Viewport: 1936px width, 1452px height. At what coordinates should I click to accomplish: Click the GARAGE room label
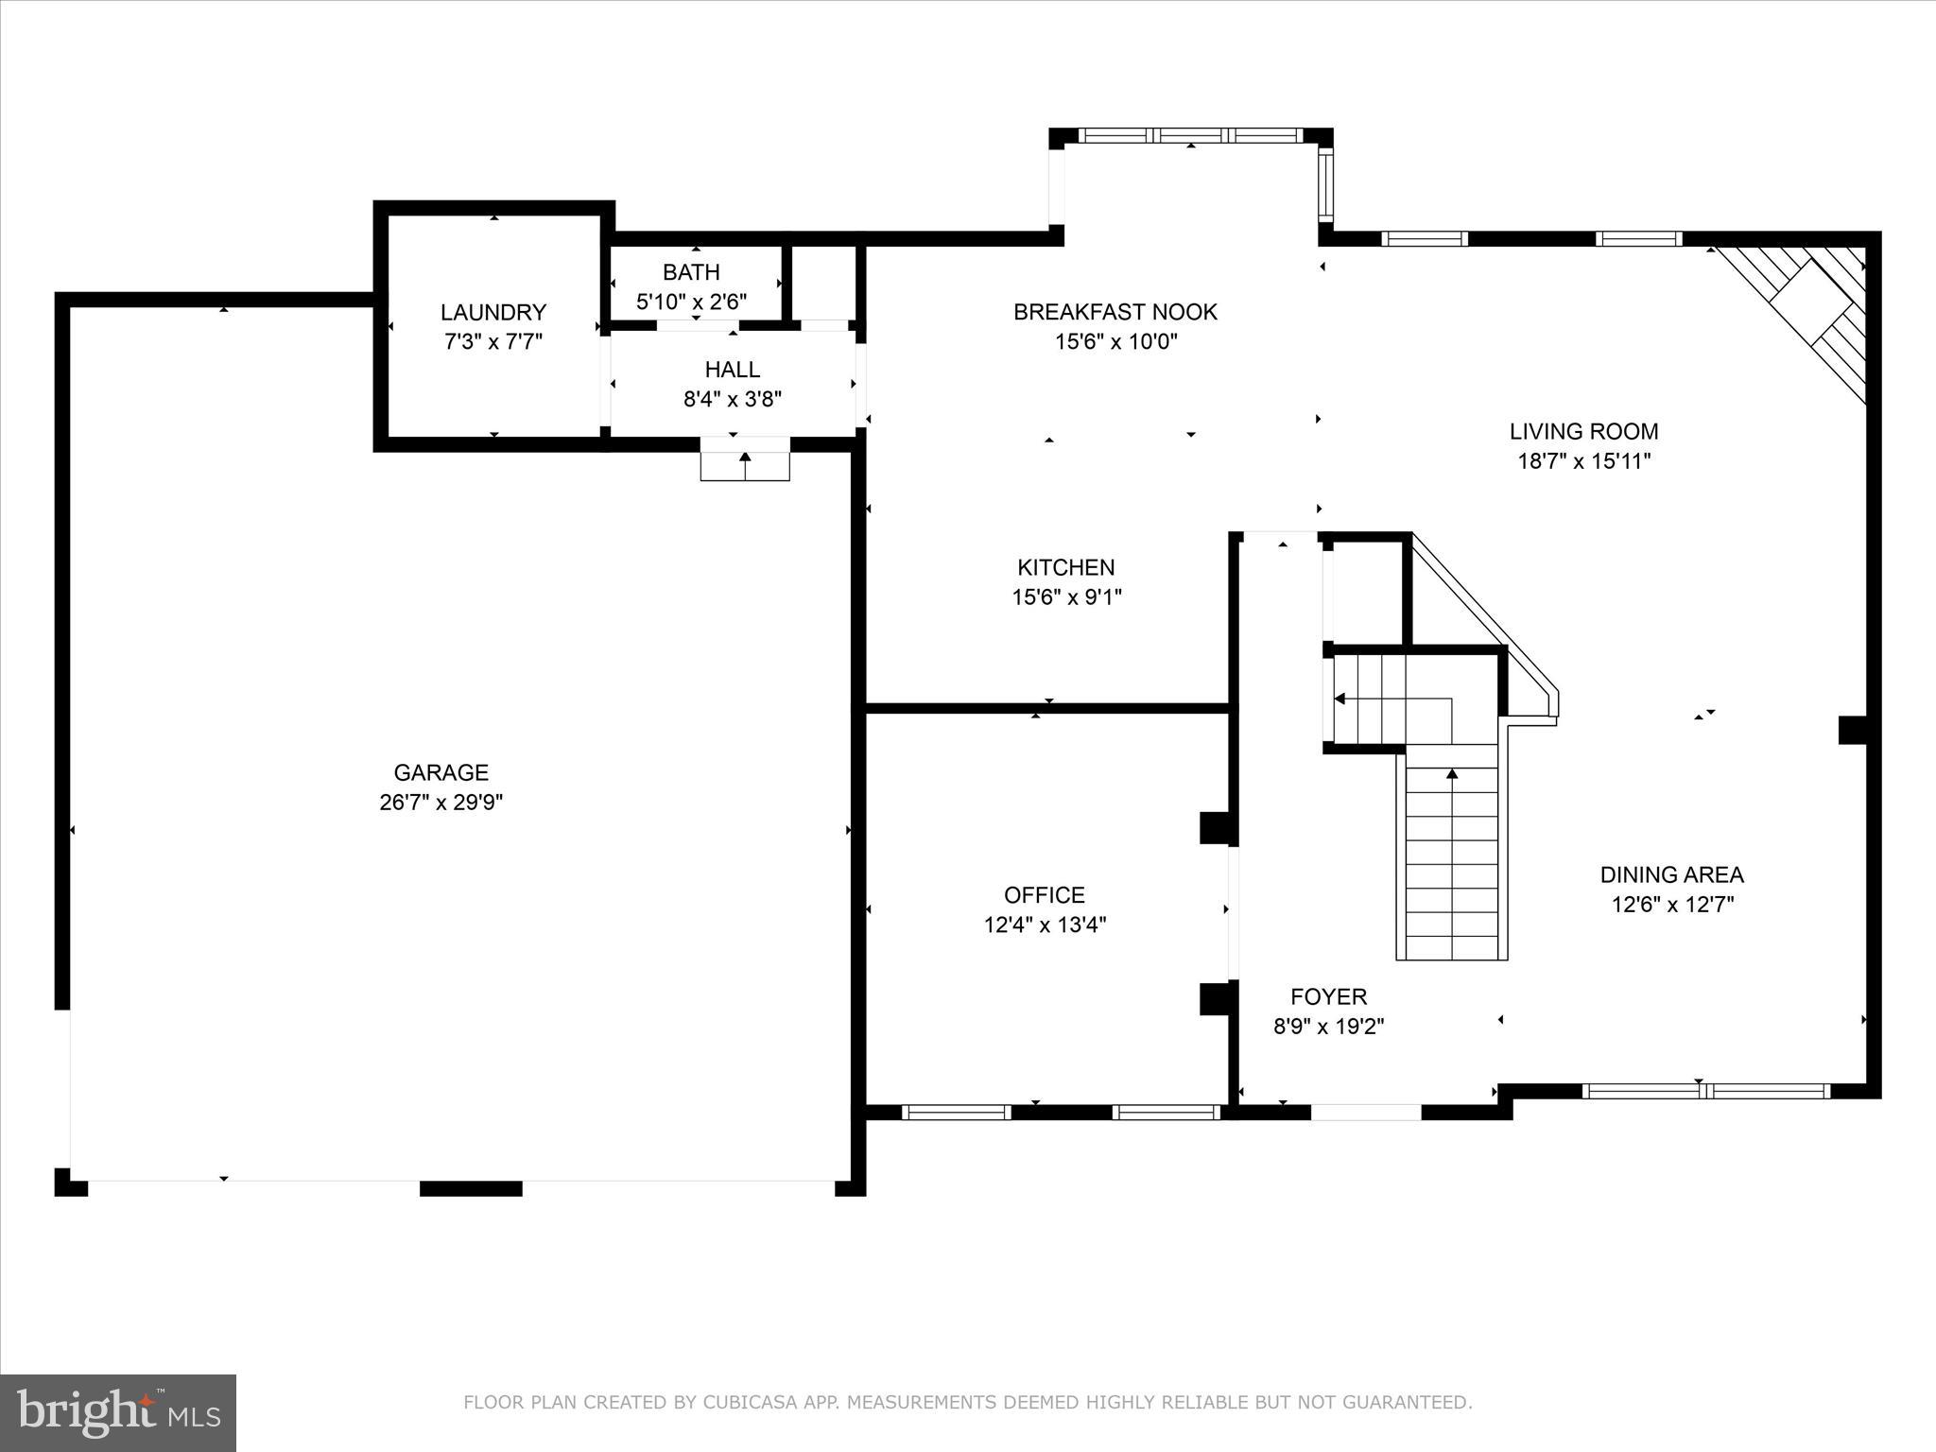[441, 772]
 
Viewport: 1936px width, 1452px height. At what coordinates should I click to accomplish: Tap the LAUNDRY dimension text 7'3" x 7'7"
[493, 341]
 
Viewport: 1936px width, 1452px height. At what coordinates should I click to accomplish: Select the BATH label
[691, 272]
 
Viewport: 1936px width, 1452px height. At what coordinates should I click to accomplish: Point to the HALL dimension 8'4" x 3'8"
[733, 399]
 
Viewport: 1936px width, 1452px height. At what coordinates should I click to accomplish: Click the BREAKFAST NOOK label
[1115, 312]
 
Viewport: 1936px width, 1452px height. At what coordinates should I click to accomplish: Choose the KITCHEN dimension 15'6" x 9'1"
[1066, 596]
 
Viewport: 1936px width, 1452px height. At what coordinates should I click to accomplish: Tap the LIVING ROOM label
[1583, 431]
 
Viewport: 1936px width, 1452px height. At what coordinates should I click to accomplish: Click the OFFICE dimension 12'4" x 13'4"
[1045, 925]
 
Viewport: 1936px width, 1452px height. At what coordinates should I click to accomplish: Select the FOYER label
[1328, 996]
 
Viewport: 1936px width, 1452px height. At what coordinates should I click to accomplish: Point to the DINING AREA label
[1671, 874]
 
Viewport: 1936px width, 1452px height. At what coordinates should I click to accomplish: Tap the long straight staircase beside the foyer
[1451, 860]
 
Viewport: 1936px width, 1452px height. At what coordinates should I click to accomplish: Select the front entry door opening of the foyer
[1365, 1113]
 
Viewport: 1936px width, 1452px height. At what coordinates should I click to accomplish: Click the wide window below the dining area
[1705, 1091]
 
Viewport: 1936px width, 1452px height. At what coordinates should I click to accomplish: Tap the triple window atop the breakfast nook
[1190, 136]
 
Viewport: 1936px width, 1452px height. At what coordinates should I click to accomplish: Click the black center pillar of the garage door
[471, 1188]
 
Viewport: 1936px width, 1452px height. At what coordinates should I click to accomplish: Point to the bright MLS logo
[118, 1412]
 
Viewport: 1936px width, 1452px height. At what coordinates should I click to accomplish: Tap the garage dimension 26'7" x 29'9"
[441, 803]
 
